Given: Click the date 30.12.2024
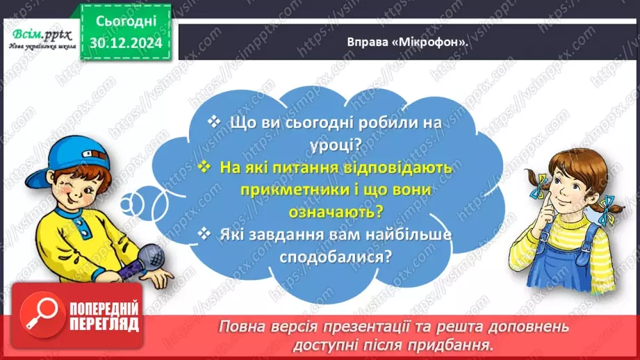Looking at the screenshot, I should click(125, 42).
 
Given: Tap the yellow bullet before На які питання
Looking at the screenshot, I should click(204, 167).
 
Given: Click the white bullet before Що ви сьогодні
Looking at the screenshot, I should click(214, 122).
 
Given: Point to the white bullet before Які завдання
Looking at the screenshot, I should click(204, 235).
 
